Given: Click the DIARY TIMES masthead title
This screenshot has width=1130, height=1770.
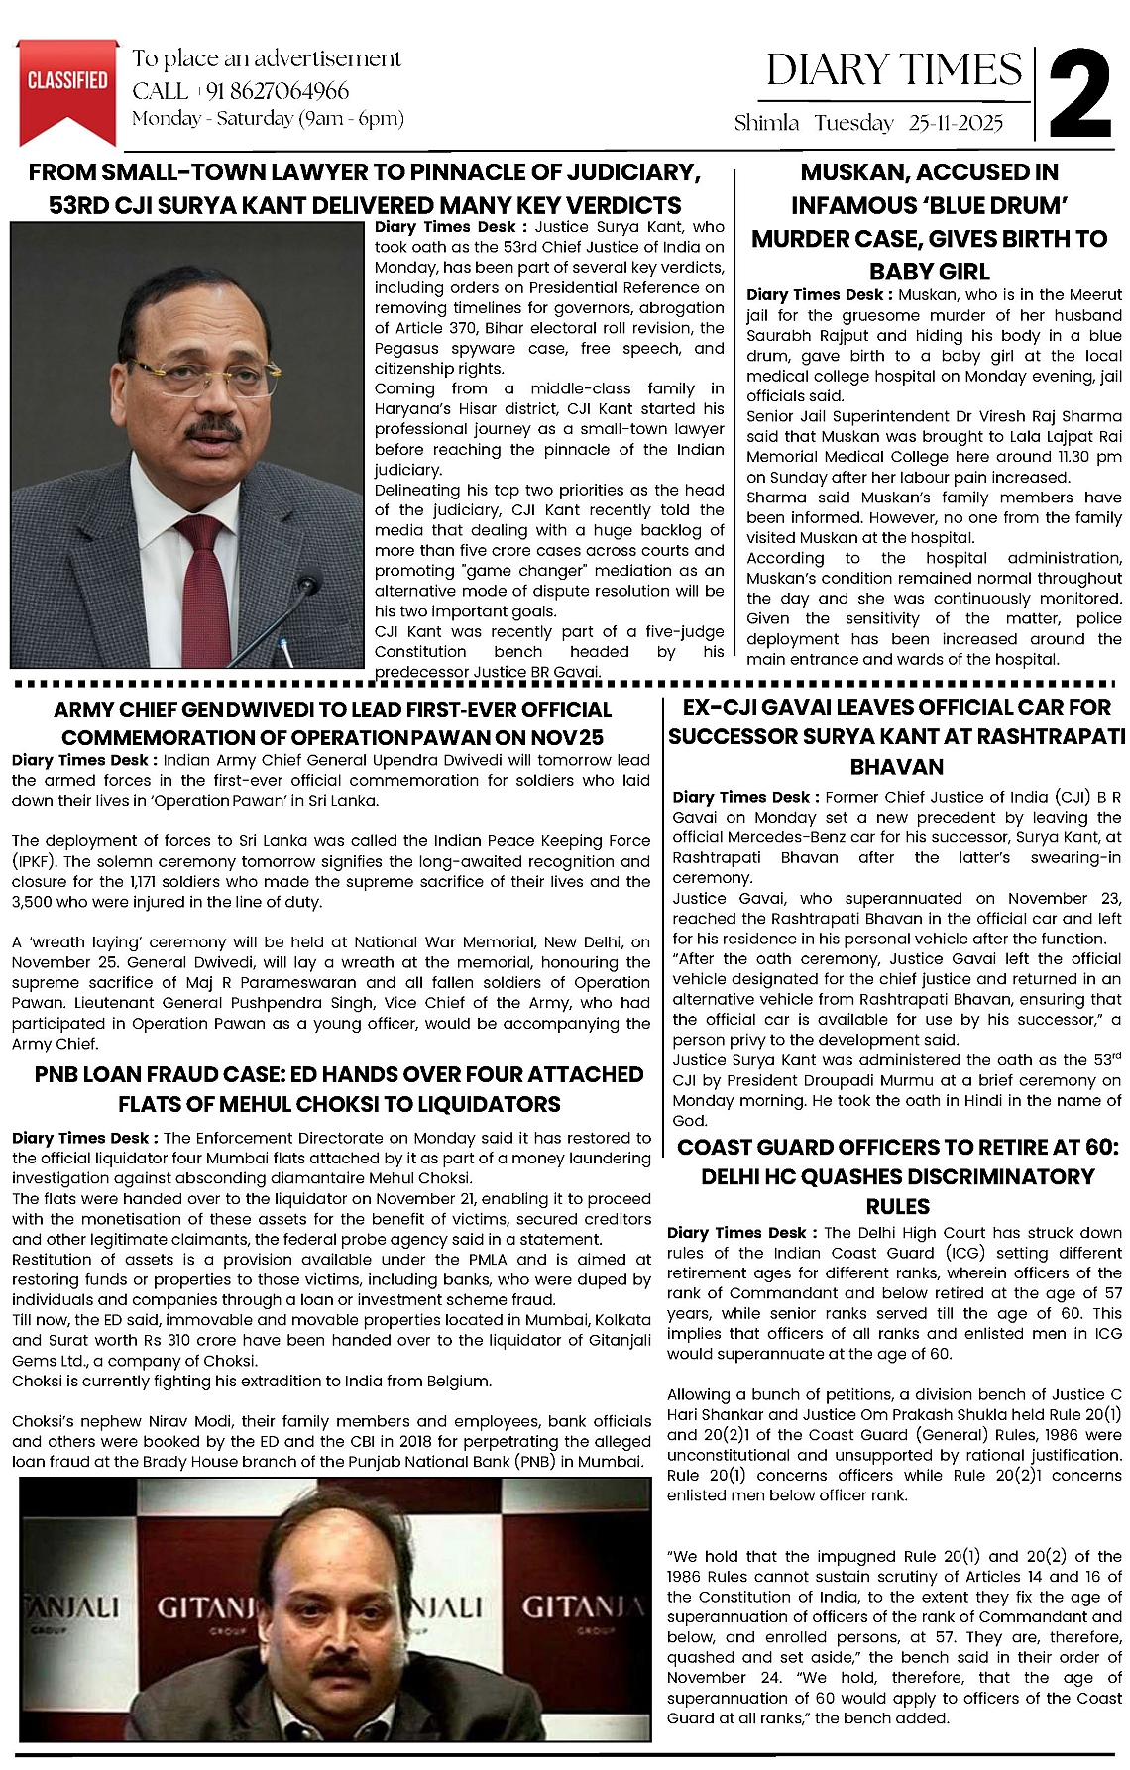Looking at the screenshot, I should (x=894, y=70).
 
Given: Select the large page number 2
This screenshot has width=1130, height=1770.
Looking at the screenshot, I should (x=1079, y=95).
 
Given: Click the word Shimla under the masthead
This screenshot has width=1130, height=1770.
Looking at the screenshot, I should (x=766, y=123).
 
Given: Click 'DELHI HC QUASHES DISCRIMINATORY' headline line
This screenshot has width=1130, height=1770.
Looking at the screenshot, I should (x=897, y=1176).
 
